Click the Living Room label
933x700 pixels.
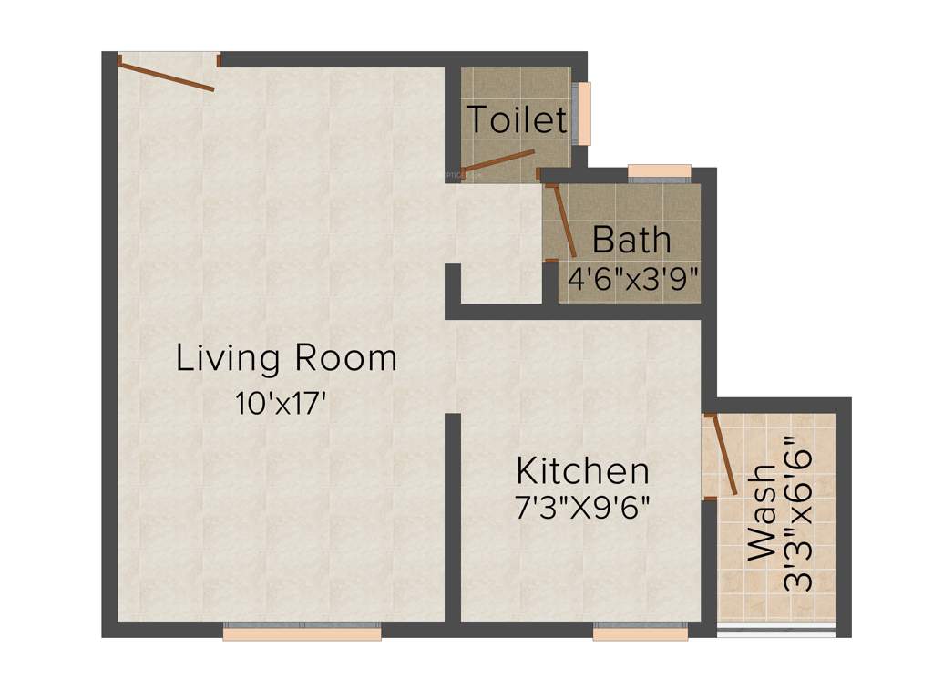pyautogui.click(x=286, y=358)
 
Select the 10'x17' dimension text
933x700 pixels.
pyautogui.click(x=281, y=404)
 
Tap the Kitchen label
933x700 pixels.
pyautogui.click(x=582, y=471)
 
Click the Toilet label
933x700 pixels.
pyautogui.click(x=517, y=120)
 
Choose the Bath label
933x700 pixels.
pyautogui.click(x=631, y=241)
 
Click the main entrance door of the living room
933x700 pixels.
pyautogui.click(x=167, y=76)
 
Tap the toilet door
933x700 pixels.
pyautogui.click(x=497, y=162)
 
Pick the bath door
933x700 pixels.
pyautogui.click(x=561, y=221)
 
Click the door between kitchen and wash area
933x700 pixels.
pyautogui.click(x=723, y=455)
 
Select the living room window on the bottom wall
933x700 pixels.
pyautogui.click(x=302, y=631)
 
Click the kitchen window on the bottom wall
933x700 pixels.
pyautogui.click(x=641, y=631)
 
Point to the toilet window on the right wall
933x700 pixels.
pyautogui.click(x=582, y=113)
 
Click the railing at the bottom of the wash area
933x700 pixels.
pyautogui.click(x=775, y=630)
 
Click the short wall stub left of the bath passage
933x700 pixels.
pyautogui.click(x=452, y=283)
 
